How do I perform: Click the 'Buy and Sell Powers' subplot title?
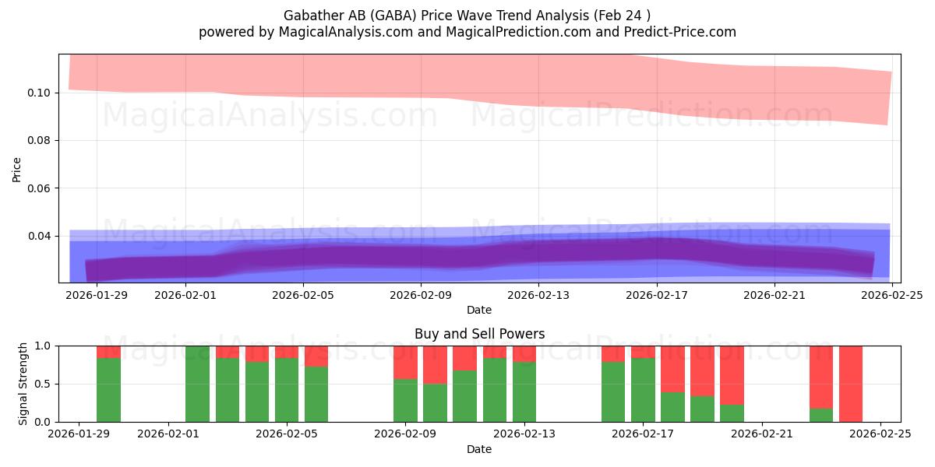pyautogui.click(x=479, y=334)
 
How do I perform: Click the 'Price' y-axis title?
pyautogui.click(x=17, y=169)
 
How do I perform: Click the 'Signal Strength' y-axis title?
pyautogui.click(x=23, y=384)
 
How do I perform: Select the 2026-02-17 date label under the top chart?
pyautogui.click(x=657, y=295)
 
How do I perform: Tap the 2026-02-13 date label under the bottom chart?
pyautogui.click(x=524, y=434)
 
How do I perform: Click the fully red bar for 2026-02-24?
pyautogui.click(x=851, y=384)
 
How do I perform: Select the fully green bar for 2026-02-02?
pyautogui.click(x=198, y=384)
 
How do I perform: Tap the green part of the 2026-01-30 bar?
pyautogui.click(x=108, y=390)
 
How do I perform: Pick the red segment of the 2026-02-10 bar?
pyautogui.click(x=435, y=364)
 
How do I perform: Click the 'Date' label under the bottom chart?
pyautogui.click(x=479, y=449)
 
